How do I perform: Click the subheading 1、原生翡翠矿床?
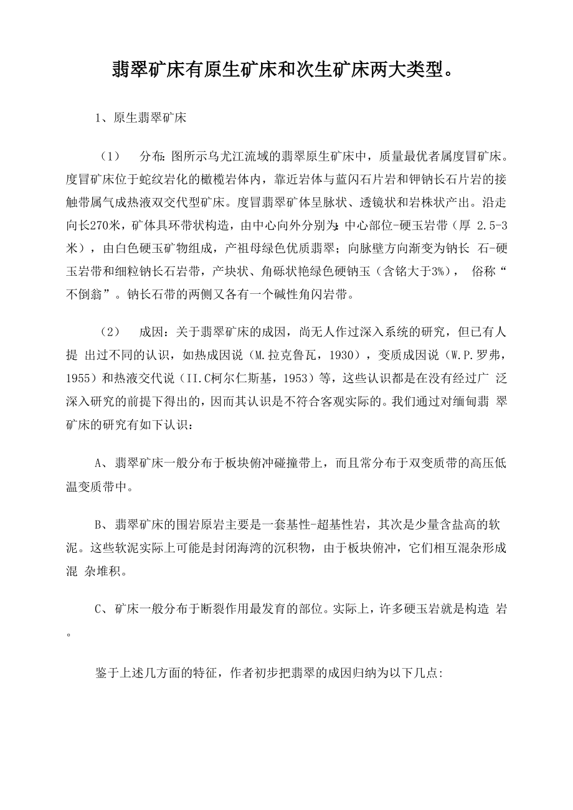point(141,117)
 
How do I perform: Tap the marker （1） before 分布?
point(110,154)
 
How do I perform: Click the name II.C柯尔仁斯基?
point(210,379)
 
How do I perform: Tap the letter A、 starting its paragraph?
point(102,463)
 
